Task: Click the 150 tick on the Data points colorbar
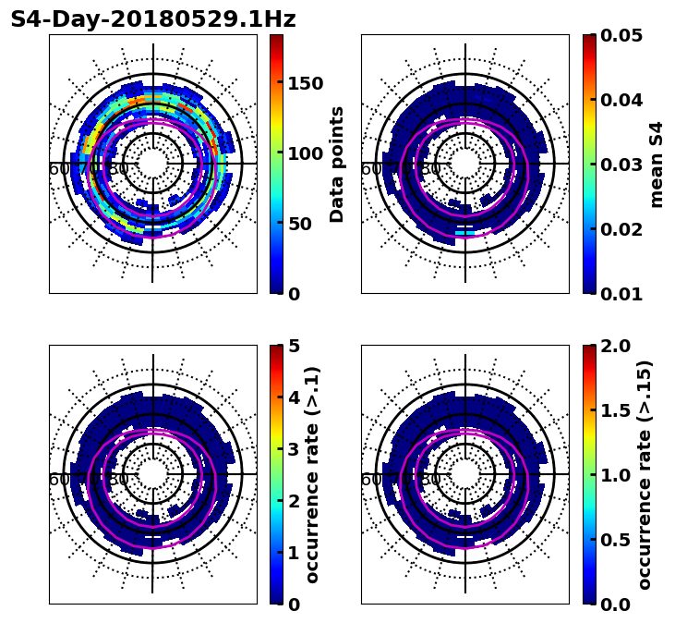pos(305,83)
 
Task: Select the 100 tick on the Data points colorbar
pos(305,153)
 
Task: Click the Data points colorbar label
pos(337,164)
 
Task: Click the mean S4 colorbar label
pos(657,164)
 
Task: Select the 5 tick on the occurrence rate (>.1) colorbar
pos(294,346)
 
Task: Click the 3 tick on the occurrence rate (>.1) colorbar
pos(294,449)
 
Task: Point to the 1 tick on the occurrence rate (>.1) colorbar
pos(294,553)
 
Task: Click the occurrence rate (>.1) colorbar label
pos(313,474)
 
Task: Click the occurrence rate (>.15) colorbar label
pos(645,474)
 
